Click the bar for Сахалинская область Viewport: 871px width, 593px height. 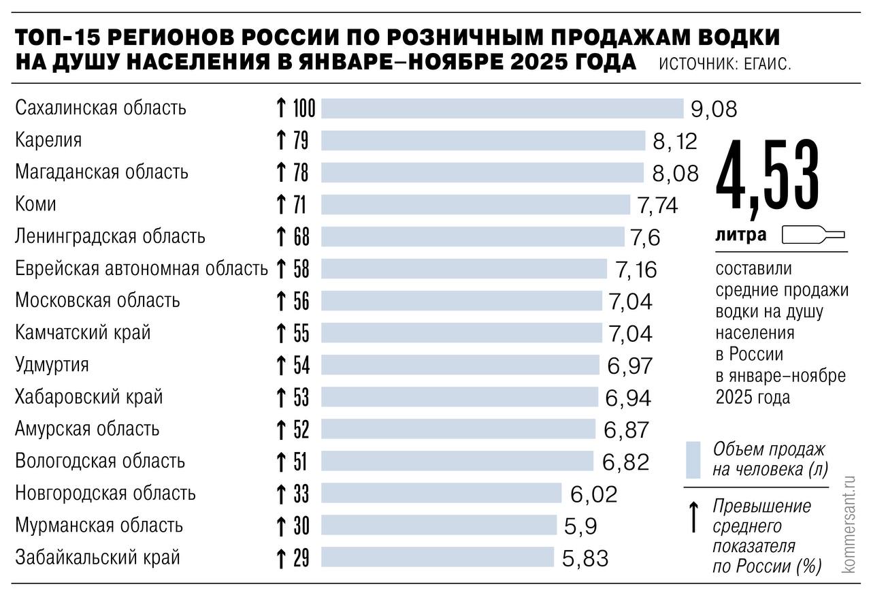(x=502, y=108)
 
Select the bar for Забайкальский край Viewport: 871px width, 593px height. (x=438, y=558)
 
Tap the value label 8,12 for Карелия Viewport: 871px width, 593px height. (x=674, y=141)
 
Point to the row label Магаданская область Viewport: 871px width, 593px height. (x=101, y=172)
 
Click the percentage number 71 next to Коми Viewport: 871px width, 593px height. (x=300, y=204)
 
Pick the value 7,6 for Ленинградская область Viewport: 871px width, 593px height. (x=645, y=238)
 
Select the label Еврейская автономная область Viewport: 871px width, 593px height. (x=142, y=269)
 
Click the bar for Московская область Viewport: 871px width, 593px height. (x=461, y=301)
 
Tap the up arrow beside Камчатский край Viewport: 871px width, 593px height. (x=280, y=333)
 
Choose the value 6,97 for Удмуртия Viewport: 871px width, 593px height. (x=629, y=366)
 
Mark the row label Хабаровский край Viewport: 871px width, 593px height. (x=89, y=396)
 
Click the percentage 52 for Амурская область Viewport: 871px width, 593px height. (x=301, y=430)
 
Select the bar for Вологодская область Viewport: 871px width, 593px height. (x=457, y=462)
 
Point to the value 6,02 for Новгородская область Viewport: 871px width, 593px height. (x=593, y=494)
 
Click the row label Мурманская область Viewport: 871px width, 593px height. (x=99, y=526)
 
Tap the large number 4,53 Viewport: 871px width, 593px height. (x=768, y=177)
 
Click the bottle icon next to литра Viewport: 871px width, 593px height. (x=813, y=235)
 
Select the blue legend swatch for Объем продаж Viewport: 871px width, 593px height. (x=693, y=460)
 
